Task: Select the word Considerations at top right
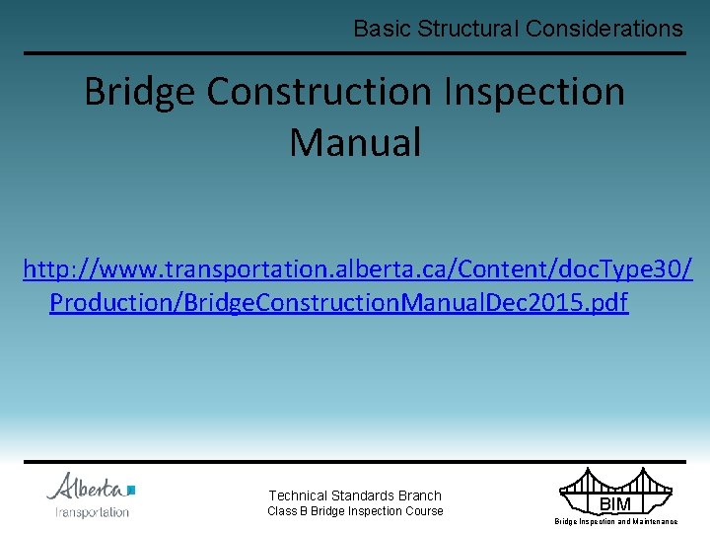[603, 29]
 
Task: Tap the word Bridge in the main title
[140, 92]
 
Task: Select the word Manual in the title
[355, 142]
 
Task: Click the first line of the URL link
[357, 268]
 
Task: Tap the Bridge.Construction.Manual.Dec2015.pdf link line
[338, 302]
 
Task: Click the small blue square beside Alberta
[131, 489]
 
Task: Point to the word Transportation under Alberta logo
[92, 512]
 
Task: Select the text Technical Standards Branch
[355, 495]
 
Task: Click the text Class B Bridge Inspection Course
[355, 511]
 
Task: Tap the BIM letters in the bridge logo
[615, 504]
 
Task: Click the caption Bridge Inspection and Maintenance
[615, 521]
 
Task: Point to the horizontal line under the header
[355, 53]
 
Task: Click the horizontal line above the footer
[355, 461]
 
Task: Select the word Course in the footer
[425, 511]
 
